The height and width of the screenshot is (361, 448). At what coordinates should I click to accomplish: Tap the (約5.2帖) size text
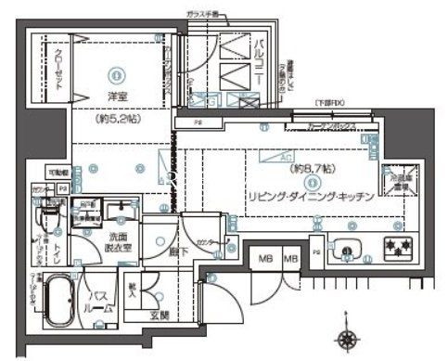click(115, 121)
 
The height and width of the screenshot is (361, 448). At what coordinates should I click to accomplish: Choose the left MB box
click(264, 257)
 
